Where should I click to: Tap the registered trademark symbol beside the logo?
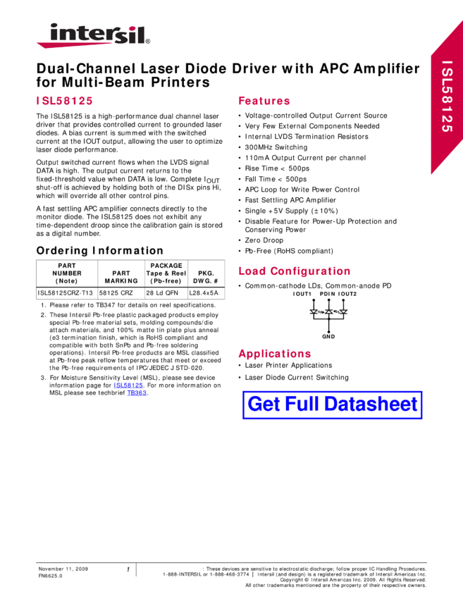click(148, 42)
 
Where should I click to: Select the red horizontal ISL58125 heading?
click(64, 101)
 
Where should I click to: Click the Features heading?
click(264, 101)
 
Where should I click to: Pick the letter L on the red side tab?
click(447, 85)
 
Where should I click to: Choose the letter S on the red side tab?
click(447, 75)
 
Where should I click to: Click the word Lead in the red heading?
click(252, 271)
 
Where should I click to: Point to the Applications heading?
click(275, 354)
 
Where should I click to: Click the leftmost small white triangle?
click(314, 311)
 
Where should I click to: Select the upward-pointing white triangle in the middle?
click(328, 311)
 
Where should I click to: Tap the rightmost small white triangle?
click(343, 311)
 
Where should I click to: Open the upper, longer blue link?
click(128, 385)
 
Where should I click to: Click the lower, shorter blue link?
click(137, 393)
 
